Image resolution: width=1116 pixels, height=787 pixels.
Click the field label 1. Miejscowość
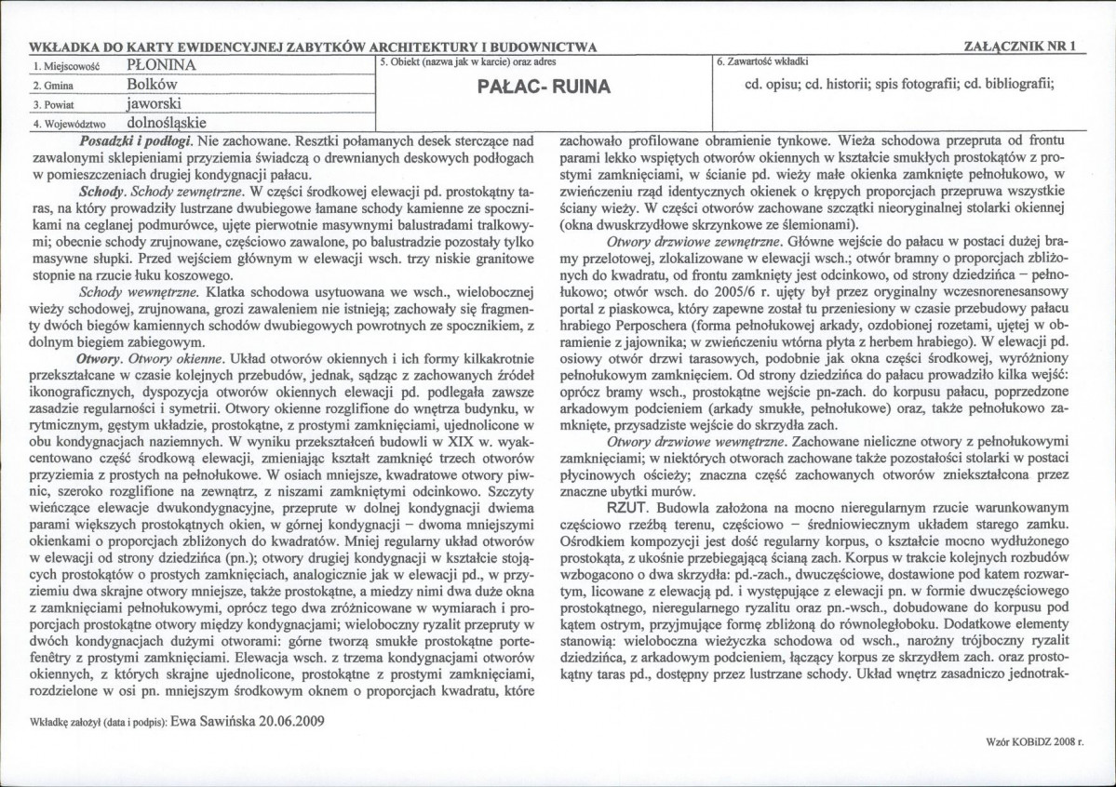65,67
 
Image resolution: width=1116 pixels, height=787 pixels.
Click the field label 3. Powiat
52,104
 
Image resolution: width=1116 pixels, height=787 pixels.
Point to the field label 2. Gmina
51,86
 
